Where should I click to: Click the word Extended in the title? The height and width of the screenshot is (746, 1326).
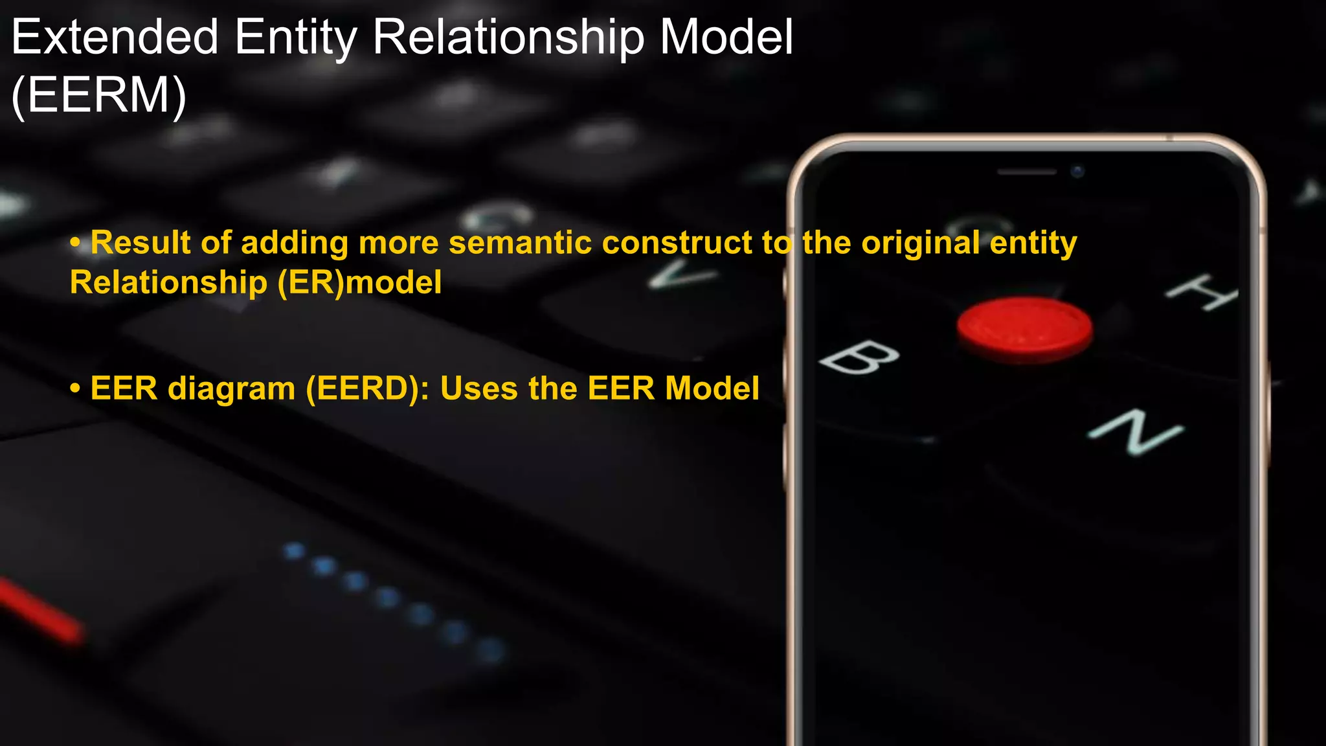[x=115, y=38]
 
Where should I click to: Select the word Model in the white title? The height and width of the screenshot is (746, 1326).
[x=726, y=38]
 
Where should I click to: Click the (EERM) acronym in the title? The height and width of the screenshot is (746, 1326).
[x=99, y=96]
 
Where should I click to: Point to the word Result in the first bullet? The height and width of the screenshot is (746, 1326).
[x=140, y=243]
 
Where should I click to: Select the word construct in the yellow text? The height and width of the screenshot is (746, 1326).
[x=677, y=243]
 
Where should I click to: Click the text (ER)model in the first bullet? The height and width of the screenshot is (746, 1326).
[x=359, y=283]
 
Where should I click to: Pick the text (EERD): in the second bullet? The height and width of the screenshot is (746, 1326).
[x=368, y=389]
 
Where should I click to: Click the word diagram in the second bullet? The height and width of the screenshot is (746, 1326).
[x=231, y=389]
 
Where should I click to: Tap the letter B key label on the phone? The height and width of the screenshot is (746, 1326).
[x=859, y=358]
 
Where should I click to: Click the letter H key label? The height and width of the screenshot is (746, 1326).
[x=1202, y=292]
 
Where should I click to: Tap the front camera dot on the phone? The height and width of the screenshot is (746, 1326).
[x=1077, y=172]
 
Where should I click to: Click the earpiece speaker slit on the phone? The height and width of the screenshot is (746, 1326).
[x=1027, y=172]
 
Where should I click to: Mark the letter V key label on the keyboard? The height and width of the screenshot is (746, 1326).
[x=682, y=275]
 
